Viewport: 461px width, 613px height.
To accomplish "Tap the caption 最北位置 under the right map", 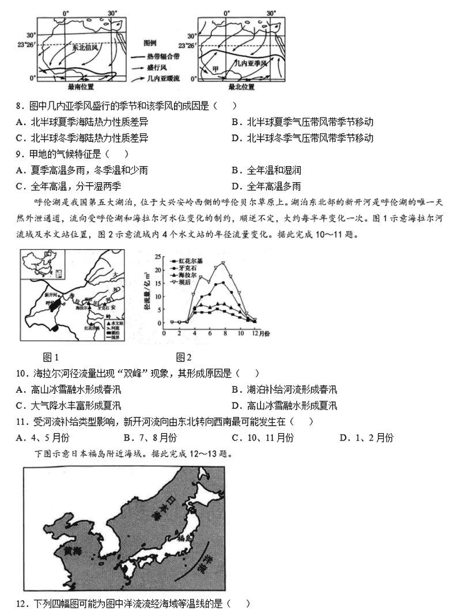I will click(x=241, y=87).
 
